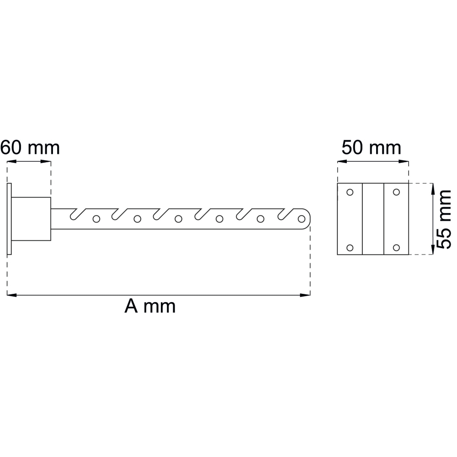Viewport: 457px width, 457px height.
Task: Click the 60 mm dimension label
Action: tap(30, 148)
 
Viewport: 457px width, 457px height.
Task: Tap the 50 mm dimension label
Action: tap(371, 148)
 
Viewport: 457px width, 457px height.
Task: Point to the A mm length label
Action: tap(150, 306)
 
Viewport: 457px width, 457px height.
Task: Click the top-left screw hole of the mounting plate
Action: tap(350, 192)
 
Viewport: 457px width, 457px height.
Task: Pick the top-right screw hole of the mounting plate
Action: tap(396, 192)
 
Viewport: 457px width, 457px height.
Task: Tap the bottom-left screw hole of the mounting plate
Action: tap(350, 248)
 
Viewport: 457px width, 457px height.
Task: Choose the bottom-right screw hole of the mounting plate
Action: tap(396, 248)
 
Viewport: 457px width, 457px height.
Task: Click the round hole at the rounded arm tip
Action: tap(302, 218)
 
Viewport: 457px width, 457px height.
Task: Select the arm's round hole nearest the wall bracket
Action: tap(96, 218)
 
